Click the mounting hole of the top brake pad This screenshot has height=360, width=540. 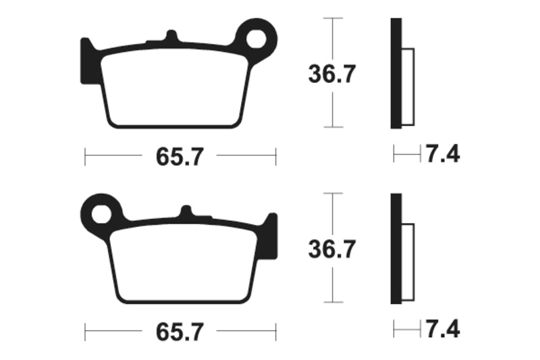point(259,39)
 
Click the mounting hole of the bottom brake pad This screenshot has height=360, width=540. point(102,214)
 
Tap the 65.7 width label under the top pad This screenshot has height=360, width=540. point(180,157)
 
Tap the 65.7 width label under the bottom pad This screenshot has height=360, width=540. point(180,332)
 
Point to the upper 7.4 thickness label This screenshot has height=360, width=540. point(441,155)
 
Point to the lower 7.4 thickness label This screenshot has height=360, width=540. point(441,330)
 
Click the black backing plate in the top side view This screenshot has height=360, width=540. point(397,74)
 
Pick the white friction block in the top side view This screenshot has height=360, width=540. point(409,88)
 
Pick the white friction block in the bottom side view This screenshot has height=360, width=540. point(409,263)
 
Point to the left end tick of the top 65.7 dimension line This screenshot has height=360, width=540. point(85,157)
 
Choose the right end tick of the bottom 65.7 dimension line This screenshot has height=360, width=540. point(275,332)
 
